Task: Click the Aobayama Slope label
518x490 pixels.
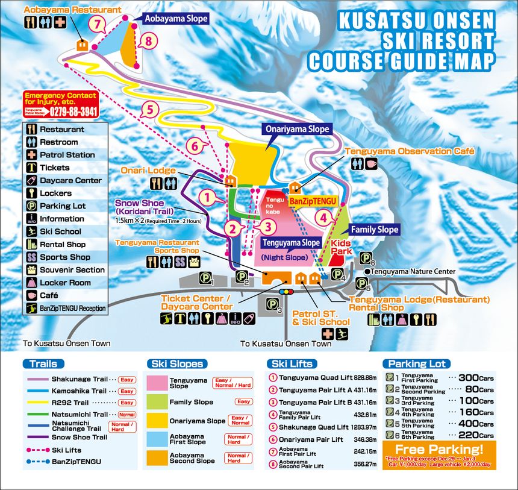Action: point(176,19)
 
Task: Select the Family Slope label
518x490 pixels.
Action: point(374,229)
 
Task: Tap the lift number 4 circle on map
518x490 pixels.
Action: point(324,217)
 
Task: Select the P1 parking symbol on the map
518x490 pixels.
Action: point(207,279)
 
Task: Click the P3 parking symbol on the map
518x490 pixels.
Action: point(275,309)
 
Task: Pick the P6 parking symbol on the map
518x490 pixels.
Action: point(367,259)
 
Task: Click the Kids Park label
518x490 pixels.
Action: point(340,247)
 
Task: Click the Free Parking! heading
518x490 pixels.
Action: point(440,448)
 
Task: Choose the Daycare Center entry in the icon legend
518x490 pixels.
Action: point(70,180)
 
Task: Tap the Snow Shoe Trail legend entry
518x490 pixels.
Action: point(80,437)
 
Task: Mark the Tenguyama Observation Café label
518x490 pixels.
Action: point(410,151)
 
